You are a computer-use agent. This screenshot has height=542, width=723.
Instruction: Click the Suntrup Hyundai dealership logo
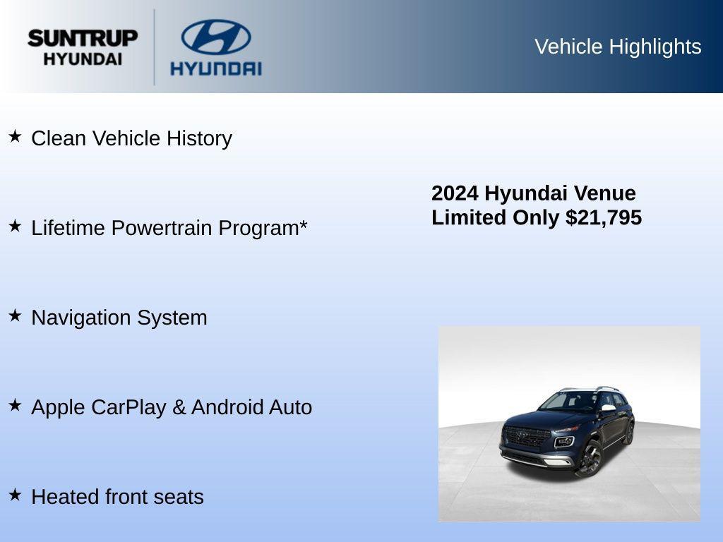tap(83, 47)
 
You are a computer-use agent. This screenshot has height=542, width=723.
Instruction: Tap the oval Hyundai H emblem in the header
tap(215, 37)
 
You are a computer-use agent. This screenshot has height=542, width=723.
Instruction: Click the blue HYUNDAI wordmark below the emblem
tap(215, 68)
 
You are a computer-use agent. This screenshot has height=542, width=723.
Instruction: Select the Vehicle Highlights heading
tap(618, 47)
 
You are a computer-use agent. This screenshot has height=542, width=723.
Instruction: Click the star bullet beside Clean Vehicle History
tap(15, 136)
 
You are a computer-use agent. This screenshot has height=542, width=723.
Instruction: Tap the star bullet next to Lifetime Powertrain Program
tap(15, 226)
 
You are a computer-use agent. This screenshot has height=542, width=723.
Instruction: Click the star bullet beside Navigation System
tap(15, 315)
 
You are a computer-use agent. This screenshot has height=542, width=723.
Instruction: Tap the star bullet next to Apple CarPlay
tap(15, 405)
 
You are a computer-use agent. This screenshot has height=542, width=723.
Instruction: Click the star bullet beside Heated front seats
tap(15, 495)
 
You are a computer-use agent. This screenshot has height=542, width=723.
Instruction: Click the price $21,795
tap(604, 217)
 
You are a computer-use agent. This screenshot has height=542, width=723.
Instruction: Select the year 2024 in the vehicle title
tap(455, 193)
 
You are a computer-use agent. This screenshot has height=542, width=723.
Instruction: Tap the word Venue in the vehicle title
tap(604, 193)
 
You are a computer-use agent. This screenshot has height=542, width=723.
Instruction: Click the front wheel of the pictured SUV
tap(590, 458)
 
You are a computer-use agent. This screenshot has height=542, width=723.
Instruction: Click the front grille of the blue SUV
tap(525, 437)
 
